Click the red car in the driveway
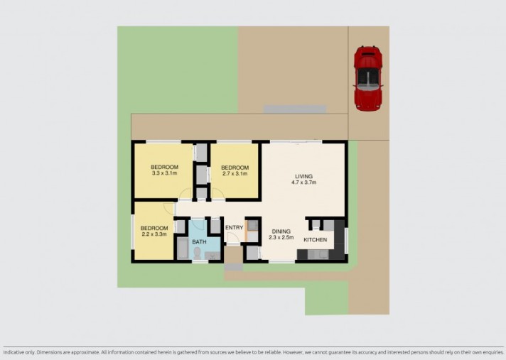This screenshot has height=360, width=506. click(x=368, y=78)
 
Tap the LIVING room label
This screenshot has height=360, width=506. click(x=304, y=176)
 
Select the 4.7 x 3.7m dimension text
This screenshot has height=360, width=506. click(x=304, y=182)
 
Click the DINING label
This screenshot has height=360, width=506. click(x=281, y=231)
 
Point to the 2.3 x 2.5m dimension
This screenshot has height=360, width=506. click(x=281, y=238)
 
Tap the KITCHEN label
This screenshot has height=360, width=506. click(x=316, y=240)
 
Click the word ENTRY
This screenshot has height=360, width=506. click(x=234, y=228)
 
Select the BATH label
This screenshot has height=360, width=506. click(x=199, y=242)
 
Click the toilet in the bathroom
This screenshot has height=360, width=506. click(x=197, y=253)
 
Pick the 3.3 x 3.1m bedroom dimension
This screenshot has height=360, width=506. click(x=163, y=173)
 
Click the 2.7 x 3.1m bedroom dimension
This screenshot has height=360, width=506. click(x=235, y=173)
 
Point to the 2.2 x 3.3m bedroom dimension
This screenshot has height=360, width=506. click(x=154, y=234)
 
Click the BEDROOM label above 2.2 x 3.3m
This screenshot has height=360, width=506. click(x=154, y=228)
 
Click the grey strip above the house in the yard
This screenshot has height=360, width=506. click(x=295, y=109)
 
